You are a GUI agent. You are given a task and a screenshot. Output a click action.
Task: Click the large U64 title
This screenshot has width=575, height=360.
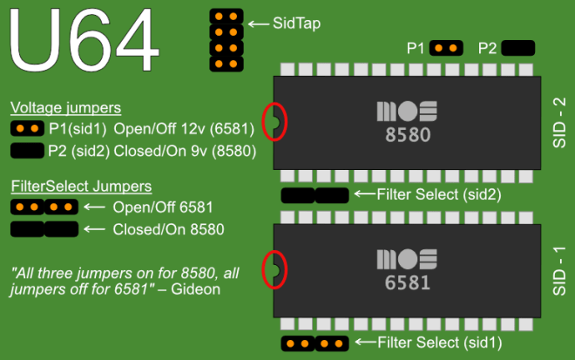click(85, 39)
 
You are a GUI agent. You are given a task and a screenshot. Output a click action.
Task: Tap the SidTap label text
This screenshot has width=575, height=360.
click(297, 24)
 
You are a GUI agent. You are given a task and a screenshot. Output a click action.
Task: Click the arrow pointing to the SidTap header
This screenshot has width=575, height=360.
click(259, 24)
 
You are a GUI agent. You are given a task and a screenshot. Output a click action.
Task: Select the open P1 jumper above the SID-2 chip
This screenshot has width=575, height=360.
click(446, 48)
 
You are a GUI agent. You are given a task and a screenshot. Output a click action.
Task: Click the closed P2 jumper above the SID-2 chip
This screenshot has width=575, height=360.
click(517, 48)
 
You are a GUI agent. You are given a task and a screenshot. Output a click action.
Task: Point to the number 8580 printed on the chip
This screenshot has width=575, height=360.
click(408, 135)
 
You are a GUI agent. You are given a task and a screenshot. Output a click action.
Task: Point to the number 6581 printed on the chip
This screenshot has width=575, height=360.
click(408, 283)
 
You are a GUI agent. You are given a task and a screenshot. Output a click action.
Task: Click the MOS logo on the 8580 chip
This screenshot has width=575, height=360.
click(407, 112)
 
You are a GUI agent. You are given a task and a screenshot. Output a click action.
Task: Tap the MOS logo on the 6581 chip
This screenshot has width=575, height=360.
click(407, 260)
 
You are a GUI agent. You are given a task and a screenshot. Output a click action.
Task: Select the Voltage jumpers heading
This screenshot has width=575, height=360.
click(65, 108)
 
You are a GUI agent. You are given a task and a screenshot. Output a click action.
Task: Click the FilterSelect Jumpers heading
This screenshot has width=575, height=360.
click(81, 187)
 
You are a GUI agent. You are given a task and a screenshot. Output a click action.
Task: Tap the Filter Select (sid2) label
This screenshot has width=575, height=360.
click(439, 194)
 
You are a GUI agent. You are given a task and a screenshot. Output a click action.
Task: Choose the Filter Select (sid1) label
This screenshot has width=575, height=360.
click(440, 343)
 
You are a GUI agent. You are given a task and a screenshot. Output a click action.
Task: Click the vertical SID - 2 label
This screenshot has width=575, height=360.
click(559, 123)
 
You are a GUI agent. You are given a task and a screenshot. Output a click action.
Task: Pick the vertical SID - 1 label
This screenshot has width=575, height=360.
click(559, 271)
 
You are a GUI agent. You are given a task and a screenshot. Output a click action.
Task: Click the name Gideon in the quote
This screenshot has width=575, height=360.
click(195, 289)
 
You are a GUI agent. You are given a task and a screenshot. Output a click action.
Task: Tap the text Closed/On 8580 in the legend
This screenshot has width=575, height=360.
click(168, 230)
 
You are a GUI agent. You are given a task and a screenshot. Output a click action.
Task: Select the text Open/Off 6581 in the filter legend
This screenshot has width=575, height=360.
click(163, 207)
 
